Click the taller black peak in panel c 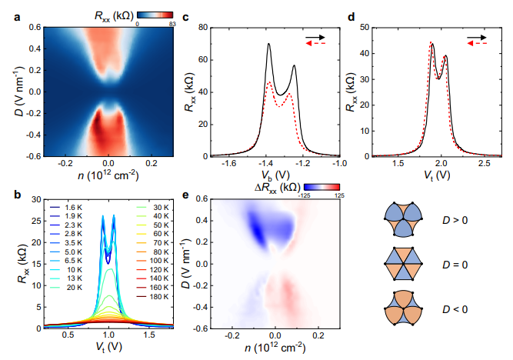tap(269, 45)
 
